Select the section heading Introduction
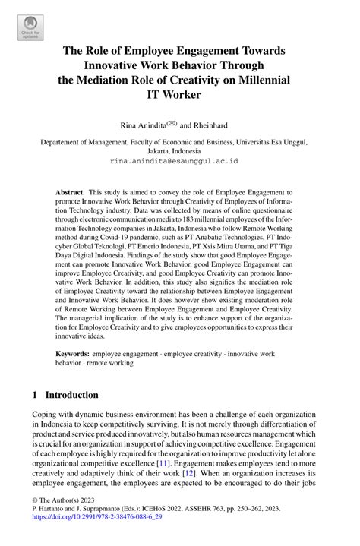pyautogui.click(x=71, y=395)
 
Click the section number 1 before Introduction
pyautogui.click(x=34, y=395)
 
